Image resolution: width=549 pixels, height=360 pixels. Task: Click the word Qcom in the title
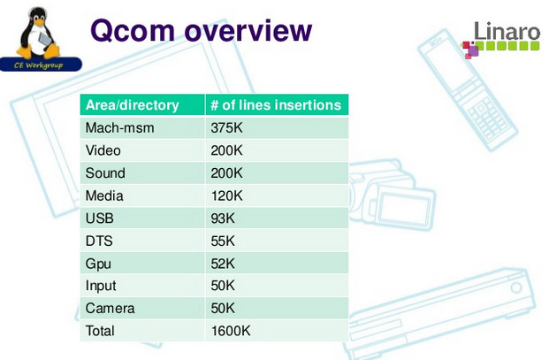coord(133,31)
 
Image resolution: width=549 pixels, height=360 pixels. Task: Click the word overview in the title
coord(248,31)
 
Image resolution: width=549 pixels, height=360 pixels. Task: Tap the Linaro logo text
coord(507,31)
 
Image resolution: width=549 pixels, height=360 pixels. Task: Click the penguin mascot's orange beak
coord(39,22)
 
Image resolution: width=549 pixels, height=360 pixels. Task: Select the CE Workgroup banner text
coord(39,65)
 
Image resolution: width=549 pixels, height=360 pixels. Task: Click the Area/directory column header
coord(133,105)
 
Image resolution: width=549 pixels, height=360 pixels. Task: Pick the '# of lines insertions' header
coord(276,105)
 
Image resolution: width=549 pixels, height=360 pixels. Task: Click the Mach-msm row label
coord(119,128)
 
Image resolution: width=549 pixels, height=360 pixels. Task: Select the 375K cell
coord(226,128)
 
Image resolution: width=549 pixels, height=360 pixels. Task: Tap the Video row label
coord(103,150)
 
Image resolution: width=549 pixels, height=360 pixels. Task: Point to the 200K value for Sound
coord(226,173)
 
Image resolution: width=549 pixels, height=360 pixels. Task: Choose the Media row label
coord(104,195)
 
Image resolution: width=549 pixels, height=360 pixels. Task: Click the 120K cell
coord(226,195)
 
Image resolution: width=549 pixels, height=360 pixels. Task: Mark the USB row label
coord(100,218)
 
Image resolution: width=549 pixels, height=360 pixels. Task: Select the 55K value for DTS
coord(223,241)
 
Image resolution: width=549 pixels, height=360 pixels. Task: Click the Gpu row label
coord(98,264)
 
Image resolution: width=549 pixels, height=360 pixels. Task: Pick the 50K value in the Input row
coord(223,286)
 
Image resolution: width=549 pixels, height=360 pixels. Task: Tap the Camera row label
coord(110,308)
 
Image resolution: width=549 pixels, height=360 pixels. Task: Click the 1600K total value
coord(231,331)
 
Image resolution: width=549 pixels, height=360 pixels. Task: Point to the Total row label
coord(100,331)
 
